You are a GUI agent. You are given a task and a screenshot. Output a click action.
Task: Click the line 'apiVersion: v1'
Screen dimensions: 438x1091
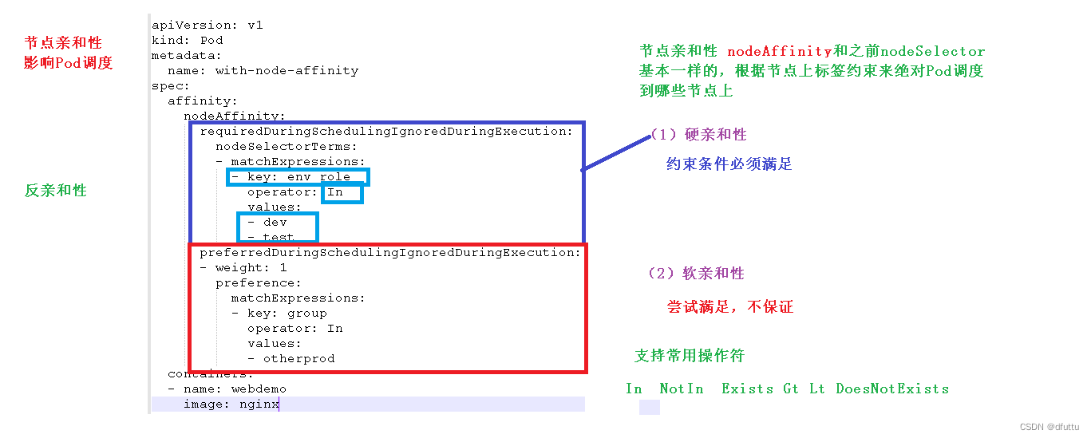point(208,25)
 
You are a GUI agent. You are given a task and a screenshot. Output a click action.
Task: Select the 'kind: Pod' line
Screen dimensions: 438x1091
point(188,40)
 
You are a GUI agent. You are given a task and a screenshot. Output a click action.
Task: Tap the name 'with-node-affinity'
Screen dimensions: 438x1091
point(287,70)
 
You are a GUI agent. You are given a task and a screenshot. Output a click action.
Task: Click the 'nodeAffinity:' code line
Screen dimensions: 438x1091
point(235,116)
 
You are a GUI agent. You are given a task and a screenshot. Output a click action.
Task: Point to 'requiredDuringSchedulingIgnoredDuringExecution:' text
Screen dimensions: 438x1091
point(386,131)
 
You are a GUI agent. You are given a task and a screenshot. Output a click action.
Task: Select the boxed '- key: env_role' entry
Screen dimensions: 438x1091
point(298,176)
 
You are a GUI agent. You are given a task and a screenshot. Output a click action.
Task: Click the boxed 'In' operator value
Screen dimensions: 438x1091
point(336,192)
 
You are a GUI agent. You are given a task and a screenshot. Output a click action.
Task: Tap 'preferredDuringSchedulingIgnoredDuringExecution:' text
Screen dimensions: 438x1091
point(390,252)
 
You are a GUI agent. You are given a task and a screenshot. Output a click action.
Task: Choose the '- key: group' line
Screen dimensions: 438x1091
point(279,314)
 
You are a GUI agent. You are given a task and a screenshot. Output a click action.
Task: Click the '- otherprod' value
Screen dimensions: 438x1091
point(291,359)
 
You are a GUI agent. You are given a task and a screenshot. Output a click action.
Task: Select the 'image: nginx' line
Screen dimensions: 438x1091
point(231,404)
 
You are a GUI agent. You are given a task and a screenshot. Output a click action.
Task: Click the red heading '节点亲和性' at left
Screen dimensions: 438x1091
point(63,43)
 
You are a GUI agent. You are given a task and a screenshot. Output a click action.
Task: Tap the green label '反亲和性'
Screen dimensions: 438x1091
point(56,191)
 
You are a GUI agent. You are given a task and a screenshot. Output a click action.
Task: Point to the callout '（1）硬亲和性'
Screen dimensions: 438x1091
point(698,134)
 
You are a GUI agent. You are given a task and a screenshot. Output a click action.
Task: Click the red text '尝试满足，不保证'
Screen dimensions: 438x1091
point(730,307)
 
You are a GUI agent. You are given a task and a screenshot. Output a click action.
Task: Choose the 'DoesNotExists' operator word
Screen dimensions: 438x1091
point(892,389)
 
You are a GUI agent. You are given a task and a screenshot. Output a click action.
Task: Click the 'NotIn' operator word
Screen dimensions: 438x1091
point(682,389)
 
